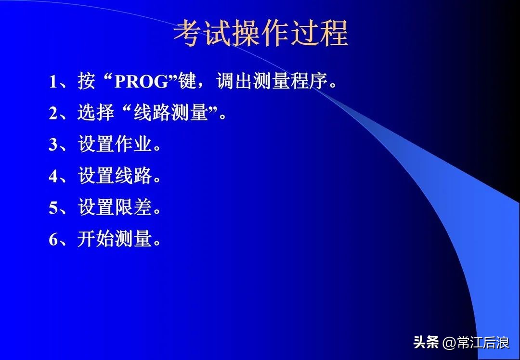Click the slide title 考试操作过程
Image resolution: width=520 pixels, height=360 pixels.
click(x=260, y=34)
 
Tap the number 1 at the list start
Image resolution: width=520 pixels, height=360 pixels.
click(x=53, y=82)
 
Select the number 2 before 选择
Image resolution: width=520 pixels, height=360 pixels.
click(x=53, y=114)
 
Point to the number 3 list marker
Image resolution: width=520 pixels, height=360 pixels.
click(x=53, y=145)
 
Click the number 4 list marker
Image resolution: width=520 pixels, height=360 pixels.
click(x=53, y=177)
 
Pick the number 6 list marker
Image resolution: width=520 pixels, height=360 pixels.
click(x=53, y=239)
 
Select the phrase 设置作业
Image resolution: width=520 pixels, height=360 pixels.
click(x=115, y=145)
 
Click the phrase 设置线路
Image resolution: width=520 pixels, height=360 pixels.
click(x=115, y=177)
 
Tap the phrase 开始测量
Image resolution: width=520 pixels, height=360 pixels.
click(x=115, y=239)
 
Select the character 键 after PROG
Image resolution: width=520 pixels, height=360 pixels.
click(x=188, y=82)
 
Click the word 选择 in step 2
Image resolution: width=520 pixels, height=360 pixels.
click(x=96, y=114)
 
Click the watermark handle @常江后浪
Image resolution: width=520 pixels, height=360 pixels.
click(x=476, y=343)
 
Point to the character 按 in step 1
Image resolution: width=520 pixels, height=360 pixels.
click(x=87, y=82)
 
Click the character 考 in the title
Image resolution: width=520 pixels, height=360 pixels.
click(x=188, y=34)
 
